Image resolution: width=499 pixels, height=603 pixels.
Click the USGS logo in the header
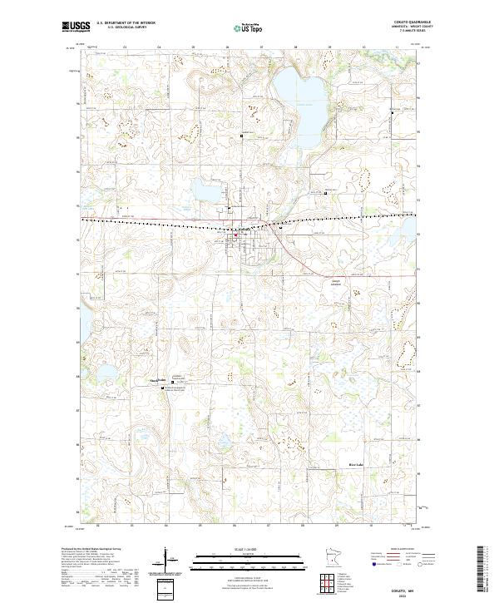pos(76,27)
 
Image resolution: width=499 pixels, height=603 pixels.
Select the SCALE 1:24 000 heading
pos(237,550)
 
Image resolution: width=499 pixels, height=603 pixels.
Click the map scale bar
pos(237,559)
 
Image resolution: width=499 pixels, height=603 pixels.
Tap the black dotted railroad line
pos(166,222)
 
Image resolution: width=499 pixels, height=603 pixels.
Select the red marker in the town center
pos(236,235)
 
